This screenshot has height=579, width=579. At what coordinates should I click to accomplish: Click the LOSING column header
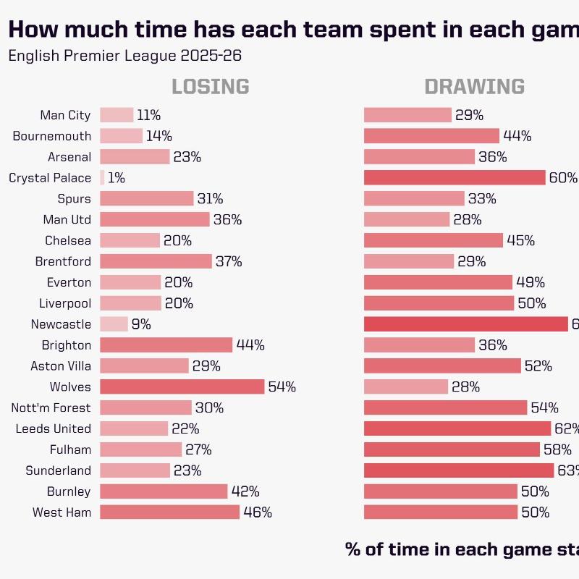click(210, 87)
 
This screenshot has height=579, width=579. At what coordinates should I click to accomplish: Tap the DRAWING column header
click(474, 87)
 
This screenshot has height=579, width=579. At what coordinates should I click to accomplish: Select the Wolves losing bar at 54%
click(182, 386)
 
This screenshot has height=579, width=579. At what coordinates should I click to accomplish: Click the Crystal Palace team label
click(50, 178)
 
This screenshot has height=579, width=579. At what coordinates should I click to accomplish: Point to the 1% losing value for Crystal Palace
click(116, 178)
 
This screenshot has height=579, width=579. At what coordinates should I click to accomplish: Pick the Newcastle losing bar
click(114, 324)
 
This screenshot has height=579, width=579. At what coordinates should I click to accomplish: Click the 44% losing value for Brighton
click(250, 345)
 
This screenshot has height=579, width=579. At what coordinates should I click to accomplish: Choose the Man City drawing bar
click(407, 115)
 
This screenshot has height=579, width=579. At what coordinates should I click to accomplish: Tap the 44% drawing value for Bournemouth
click(517, 136)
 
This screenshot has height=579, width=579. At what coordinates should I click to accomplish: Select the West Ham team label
click(62, 512)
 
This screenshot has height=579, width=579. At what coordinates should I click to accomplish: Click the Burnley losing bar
click(164, 491)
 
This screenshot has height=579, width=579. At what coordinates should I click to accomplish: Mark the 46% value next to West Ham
click(258, 512)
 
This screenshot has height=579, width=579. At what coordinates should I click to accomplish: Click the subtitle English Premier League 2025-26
click(124, 56)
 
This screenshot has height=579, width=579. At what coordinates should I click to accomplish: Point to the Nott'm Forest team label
click(51, 407)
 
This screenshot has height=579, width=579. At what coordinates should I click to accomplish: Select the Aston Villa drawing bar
click(442, 366)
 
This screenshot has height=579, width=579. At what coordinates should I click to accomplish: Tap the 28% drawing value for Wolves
click(466, 387)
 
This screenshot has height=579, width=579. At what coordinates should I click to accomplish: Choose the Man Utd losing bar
click(154, 219)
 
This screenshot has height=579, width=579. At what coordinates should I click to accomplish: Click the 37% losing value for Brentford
click(229, 261)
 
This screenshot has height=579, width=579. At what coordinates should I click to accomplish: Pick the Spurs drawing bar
click(414, 199)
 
